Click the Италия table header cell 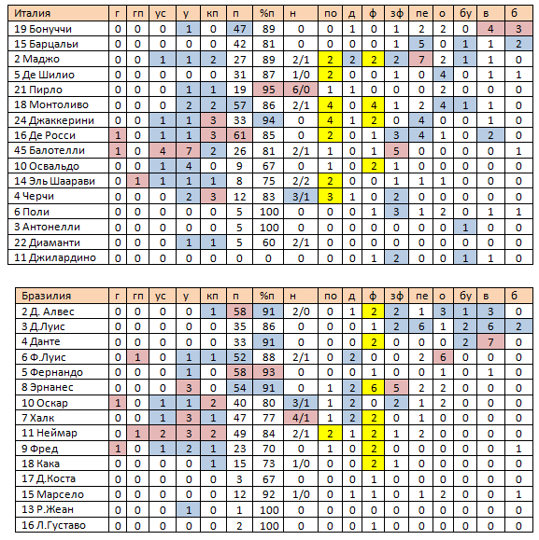coord(58,13)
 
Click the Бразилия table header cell coord(62,296)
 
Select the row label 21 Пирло coord(38,90)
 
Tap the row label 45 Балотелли coord(50,150)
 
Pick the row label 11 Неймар coord(50,433)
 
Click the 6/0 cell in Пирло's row coord(301,90)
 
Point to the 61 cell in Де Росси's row coord(239,135)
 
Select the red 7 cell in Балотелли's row coord(188,150)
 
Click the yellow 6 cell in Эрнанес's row coord(373,388)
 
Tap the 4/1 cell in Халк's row coord(301,418)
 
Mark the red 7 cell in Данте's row coord(490,342)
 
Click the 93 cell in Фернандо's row coord(268,372)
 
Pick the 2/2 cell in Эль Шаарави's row coord(301,181)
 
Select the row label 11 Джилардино coord(55,257)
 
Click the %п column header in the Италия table coord(268,13)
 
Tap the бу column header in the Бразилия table coord(465,296)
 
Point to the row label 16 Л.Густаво coord(53,525)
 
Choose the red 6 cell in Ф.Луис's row coord(443,357)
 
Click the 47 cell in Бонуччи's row coord(239,29)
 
